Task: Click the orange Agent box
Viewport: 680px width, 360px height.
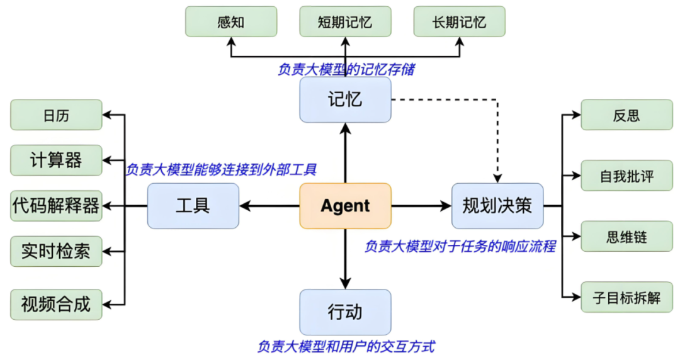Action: coord(345,206)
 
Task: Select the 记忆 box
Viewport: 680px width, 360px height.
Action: coord(345,99)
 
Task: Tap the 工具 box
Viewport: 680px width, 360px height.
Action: coord(193,206)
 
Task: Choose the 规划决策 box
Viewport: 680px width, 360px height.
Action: coord(497,206)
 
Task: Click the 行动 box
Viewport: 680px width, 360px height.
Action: coord(345,312)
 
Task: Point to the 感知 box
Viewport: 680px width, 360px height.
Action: coord(230,22)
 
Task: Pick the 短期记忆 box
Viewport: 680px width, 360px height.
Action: coord(345,22)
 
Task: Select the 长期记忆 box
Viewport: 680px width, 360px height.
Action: coord(459,22)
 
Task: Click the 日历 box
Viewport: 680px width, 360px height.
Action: coord(56,115)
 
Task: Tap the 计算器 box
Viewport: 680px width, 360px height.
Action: coord(56,160)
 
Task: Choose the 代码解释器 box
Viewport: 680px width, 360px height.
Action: coord(56,206)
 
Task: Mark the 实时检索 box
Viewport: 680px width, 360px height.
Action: coord(56,251)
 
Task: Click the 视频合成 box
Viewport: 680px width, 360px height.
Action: coord(56,304)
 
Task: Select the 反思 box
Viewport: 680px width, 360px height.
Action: coord(626,115)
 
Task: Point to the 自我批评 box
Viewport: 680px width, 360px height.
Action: coord(626,176)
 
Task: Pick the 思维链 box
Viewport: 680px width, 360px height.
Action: coord(626,237)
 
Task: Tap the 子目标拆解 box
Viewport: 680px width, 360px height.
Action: coord(626,297)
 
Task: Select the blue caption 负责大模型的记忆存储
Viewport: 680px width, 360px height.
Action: coord(346,70)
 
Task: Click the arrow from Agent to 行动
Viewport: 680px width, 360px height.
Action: coord(345,258)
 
